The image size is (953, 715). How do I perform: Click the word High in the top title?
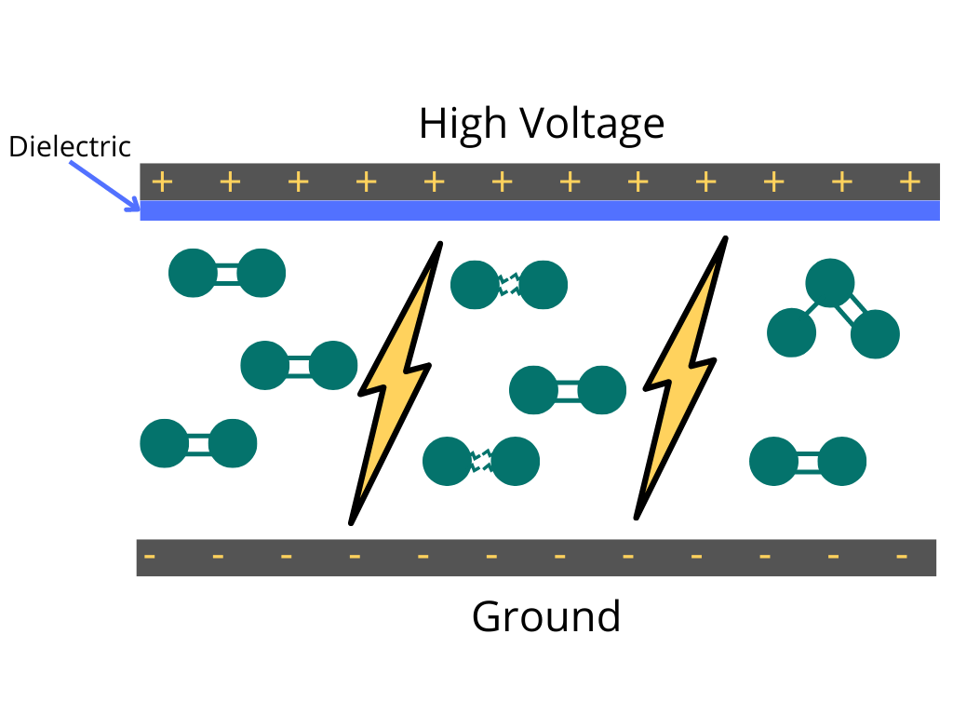[463, 124]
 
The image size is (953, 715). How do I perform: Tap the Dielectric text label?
[70, 147]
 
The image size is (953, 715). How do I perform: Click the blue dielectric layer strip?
[540, 210]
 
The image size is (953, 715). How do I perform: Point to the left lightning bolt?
[396, 382]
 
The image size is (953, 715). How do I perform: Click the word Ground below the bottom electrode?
[546, 616]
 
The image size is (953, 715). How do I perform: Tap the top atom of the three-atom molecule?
[830, 284]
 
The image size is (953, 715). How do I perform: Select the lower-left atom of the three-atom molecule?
[791, 332]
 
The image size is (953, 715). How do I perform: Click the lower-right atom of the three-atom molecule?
[875, 334]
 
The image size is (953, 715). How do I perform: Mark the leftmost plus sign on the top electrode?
[162, 182]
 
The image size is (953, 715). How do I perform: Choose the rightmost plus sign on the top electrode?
[909, 182]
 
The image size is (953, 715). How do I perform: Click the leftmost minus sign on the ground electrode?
[150, 558]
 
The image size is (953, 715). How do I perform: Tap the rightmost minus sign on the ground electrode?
[901, 558]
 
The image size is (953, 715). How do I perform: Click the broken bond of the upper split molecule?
[509, 285]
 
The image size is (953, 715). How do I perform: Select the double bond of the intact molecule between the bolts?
[568, 390]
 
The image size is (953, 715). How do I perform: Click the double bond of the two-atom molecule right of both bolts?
[808, 462]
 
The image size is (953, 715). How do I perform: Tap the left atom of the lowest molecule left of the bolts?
[165, 444]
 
